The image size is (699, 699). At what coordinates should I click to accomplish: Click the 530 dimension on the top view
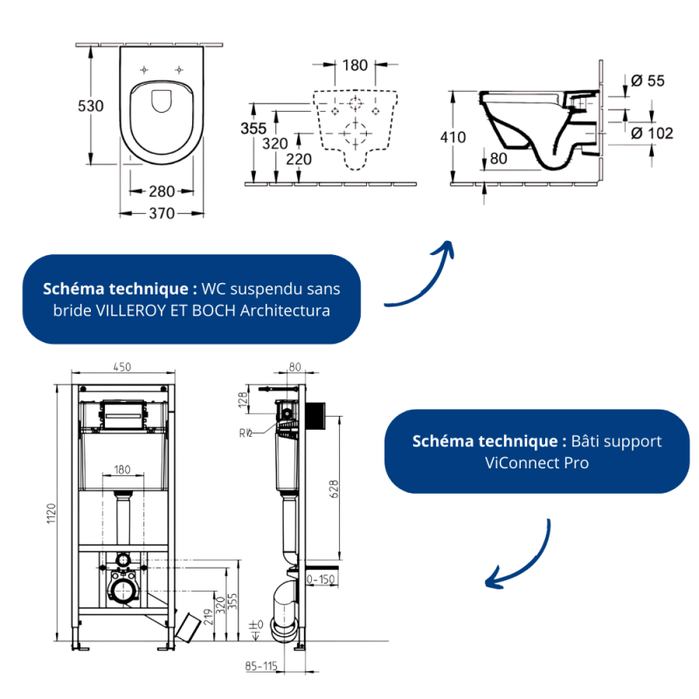click(x=91, y=106)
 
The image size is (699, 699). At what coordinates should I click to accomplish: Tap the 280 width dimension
click(x=162, y=191)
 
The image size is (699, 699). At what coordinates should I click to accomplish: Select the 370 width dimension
click(x=162, y=213)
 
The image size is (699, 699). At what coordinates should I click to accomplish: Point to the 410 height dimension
click(x=453, y=137)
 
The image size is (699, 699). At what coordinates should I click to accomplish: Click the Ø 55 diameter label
click(x=647, y=80)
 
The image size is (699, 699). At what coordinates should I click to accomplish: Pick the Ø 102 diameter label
click(x=652, y=134)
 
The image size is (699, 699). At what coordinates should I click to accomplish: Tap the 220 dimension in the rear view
click(x=299, y=159)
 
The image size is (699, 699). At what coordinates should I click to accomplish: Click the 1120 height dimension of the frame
click(x=52, y=513)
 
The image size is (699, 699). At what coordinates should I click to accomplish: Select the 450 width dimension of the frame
click(x=121, y=367)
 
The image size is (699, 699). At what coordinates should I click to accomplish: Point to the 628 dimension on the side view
click(x=334, y=489)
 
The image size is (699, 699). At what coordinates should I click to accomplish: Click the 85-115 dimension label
click(x=261, y=666)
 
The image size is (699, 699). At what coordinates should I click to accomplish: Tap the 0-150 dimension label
click(x=321, y=579)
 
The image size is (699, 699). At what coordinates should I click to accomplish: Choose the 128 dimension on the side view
click(x=243, y=400)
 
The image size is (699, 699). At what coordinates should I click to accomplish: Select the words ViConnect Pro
click(x=536, y=463)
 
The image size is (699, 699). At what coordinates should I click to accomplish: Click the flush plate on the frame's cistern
click(x=122, y=416)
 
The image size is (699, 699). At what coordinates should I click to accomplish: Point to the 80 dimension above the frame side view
click(x=294, y=367)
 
